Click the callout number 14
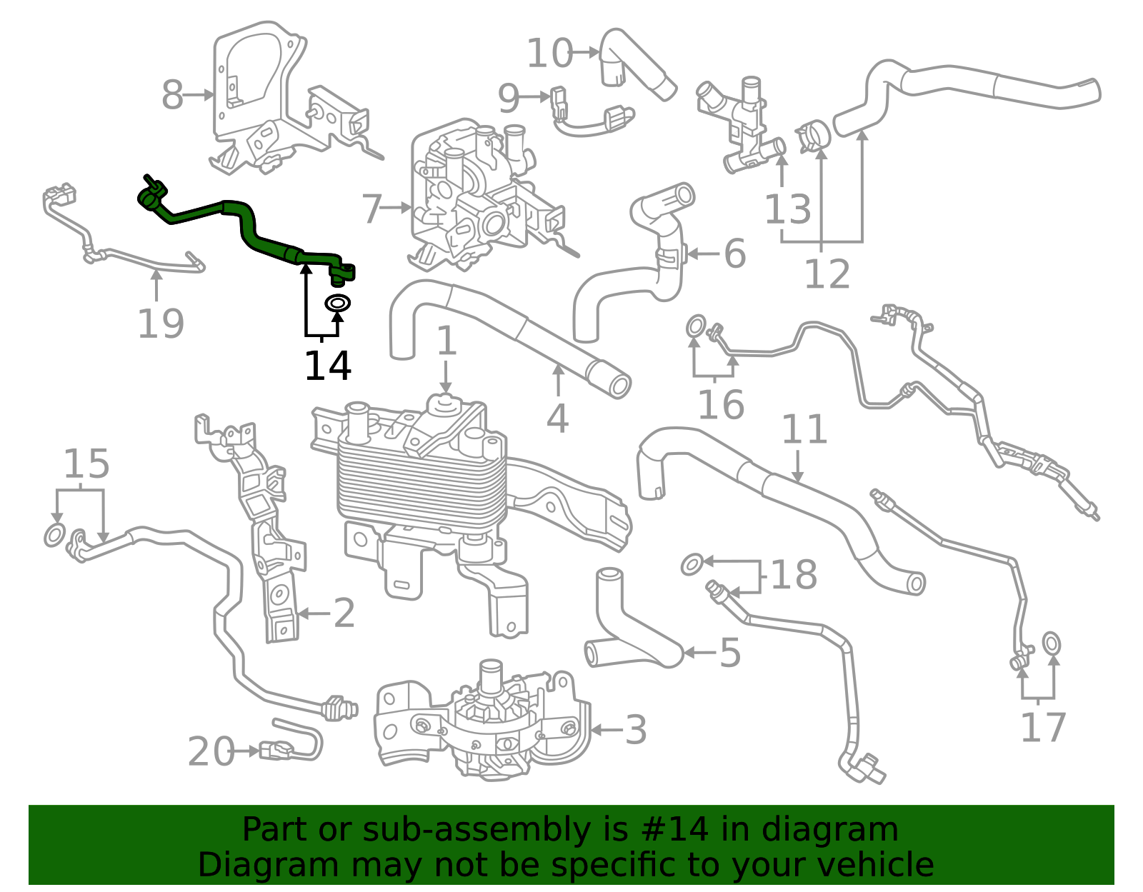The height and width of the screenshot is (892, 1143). pyautogui.click(x=328, y=366)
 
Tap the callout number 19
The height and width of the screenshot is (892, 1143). pyautogui.click(x=161, y=324)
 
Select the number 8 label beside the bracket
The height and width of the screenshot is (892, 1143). pyautogui.click(x=173, y=95)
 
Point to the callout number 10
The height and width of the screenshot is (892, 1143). pyautogui.click(x=549, y=53)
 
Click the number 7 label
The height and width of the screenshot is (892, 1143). pyautogui.click(x=372, y=208)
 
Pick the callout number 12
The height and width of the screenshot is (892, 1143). pyautogui.click(x=827, y=274)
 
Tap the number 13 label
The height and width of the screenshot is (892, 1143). pyautogui.click(x=787, y=209)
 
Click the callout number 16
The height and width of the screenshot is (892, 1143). pyautogui.click(x=721, y=404)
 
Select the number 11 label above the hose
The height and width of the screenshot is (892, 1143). pyautogui.click(x=804, y=429)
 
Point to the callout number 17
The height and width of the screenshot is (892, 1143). pyautogui.click(x=1043, y=727)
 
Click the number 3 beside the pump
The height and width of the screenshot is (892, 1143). pyautogui.click(x=635, y=730)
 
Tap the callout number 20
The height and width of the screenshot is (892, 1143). pyautogui.click(x=211, y=751)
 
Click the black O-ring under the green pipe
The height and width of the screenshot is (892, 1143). pyautogui.click(x=338, y=303)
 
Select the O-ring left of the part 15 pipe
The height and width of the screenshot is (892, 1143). pyautogui.click(x=55, y=535)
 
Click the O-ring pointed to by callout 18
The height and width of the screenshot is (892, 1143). pyautogui.click(x=692, y=564)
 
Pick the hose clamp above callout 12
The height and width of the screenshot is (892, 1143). pyautogui.click(x=812, y=134)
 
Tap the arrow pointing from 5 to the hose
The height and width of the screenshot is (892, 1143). pyautogui.click(x=699, y=653)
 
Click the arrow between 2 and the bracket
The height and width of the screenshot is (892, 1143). pyautogui.click(x=314, y=613)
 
